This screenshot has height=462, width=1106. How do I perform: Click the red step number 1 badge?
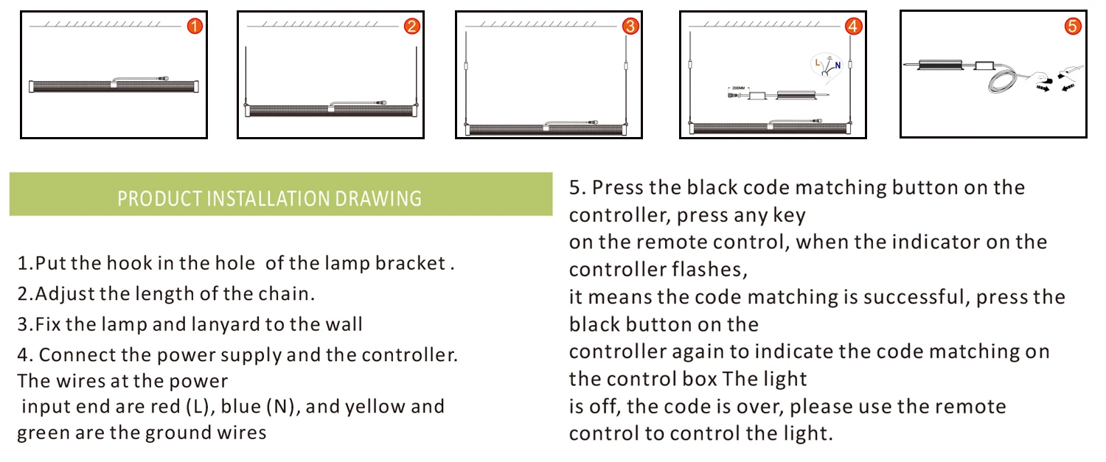pos(195,26)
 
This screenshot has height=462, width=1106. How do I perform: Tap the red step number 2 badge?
pos(411,26)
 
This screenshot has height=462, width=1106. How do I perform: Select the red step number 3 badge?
pos(630,26)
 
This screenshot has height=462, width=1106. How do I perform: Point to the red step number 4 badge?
pos(854,26)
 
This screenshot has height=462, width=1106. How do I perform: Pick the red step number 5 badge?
pos(1072,26)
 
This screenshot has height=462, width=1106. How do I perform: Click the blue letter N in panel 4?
pos(838,65)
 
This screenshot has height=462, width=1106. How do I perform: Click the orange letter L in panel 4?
pos(817,63)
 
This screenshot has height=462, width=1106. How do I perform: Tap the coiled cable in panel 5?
pos(1002,81)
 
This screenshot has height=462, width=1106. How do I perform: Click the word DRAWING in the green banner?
pos(378,198)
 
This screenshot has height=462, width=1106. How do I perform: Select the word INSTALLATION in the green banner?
pos(269,198)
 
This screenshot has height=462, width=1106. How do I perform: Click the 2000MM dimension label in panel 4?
pos(738,88)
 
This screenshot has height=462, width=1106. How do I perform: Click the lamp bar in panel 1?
pos(114,86)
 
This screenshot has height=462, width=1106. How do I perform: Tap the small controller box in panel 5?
pos(984,65)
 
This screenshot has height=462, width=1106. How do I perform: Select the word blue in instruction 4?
pos(240,406)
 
